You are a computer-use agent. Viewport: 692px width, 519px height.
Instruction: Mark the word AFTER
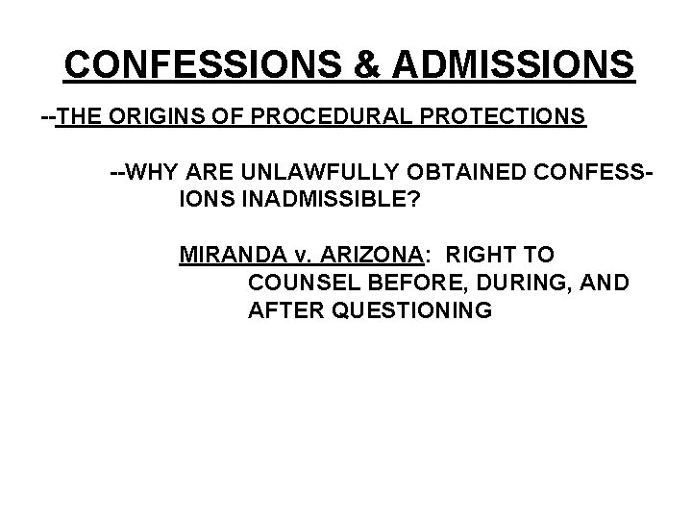coord(280,310)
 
